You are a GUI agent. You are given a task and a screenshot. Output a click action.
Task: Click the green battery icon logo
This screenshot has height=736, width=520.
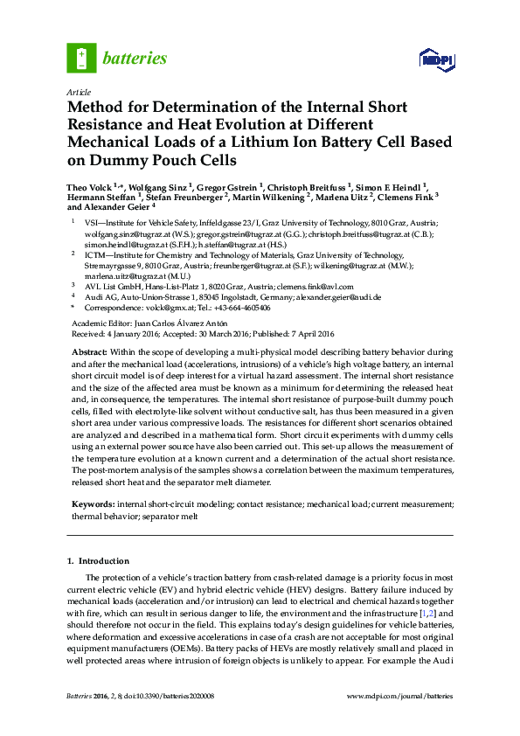80,59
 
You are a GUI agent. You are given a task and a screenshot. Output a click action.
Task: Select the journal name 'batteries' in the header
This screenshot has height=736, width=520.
135,59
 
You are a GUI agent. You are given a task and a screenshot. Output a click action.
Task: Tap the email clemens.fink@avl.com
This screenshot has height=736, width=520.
315,286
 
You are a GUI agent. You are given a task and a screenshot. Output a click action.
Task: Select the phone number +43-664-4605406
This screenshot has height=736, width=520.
239,308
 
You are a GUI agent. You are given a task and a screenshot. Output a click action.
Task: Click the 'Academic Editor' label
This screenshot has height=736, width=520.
97,323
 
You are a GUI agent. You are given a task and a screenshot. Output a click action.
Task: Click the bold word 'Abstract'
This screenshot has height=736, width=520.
89,350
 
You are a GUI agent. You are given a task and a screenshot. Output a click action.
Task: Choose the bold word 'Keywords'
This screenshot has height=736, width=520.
92,504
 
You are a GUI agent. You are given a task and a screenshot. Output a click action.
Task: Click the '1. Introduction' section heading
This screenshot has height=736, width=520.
98,560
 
